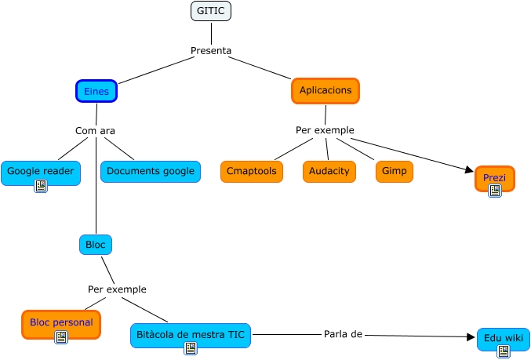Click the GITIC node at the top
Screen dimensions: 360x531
[211, 11]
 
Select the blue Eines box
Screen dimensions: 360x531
[96, 91]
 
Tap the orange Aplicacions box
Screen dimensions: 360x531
[325, 91]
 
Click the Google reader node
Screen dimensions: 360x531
[40, 171]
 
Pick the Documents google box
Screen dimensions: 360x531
[150, 171]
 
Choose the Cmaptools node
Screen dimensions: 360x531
[252, 171]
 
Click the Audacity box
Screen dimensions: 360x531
[329, 171]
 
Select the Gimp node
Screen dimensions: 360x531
[394, 171]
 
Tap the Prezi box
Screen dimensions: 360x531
[494, 177]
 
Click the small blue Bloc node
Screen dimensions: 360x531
[96, 245]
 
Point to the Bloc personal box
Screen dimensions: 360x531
[61, 322]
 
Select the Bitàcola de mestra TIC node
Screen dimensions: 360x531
[191, 334]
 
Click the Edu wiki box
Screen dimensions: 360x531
[503, 338]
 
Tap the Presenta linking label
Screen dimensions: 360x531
[211, 51]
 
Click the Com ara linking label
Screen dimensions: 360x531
[95, 130]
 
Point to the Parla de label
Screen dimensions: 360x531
[342, 334]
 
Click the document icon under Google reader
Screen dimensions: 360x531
[41, 186]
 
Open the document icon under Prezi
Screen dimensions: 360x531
[494, 190]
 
